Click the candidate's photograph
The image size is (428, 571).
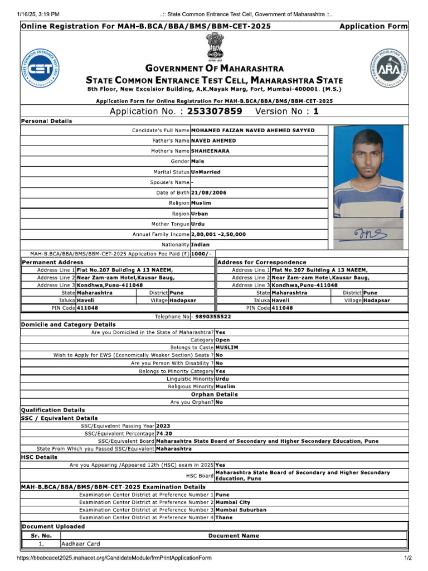coord(368,172)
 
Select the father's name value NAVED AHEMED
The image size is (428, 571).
coord(213,141)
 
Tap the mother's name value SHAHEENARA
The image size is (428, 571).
coord(210,151)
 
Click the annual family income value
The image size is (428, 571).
coord(218,234)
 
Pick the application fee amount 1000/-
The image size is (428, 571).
coord(201,254)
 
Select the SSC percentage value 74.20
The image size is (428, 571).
coord(164,433)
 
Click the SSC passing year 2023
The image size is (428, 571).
coord(163,425)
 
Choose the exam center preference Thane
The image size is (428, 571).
coord(225,517)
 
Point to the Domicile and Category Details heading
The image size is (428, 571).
coord(69,325)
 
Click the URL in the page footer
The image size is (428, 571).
coord(114,558)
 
